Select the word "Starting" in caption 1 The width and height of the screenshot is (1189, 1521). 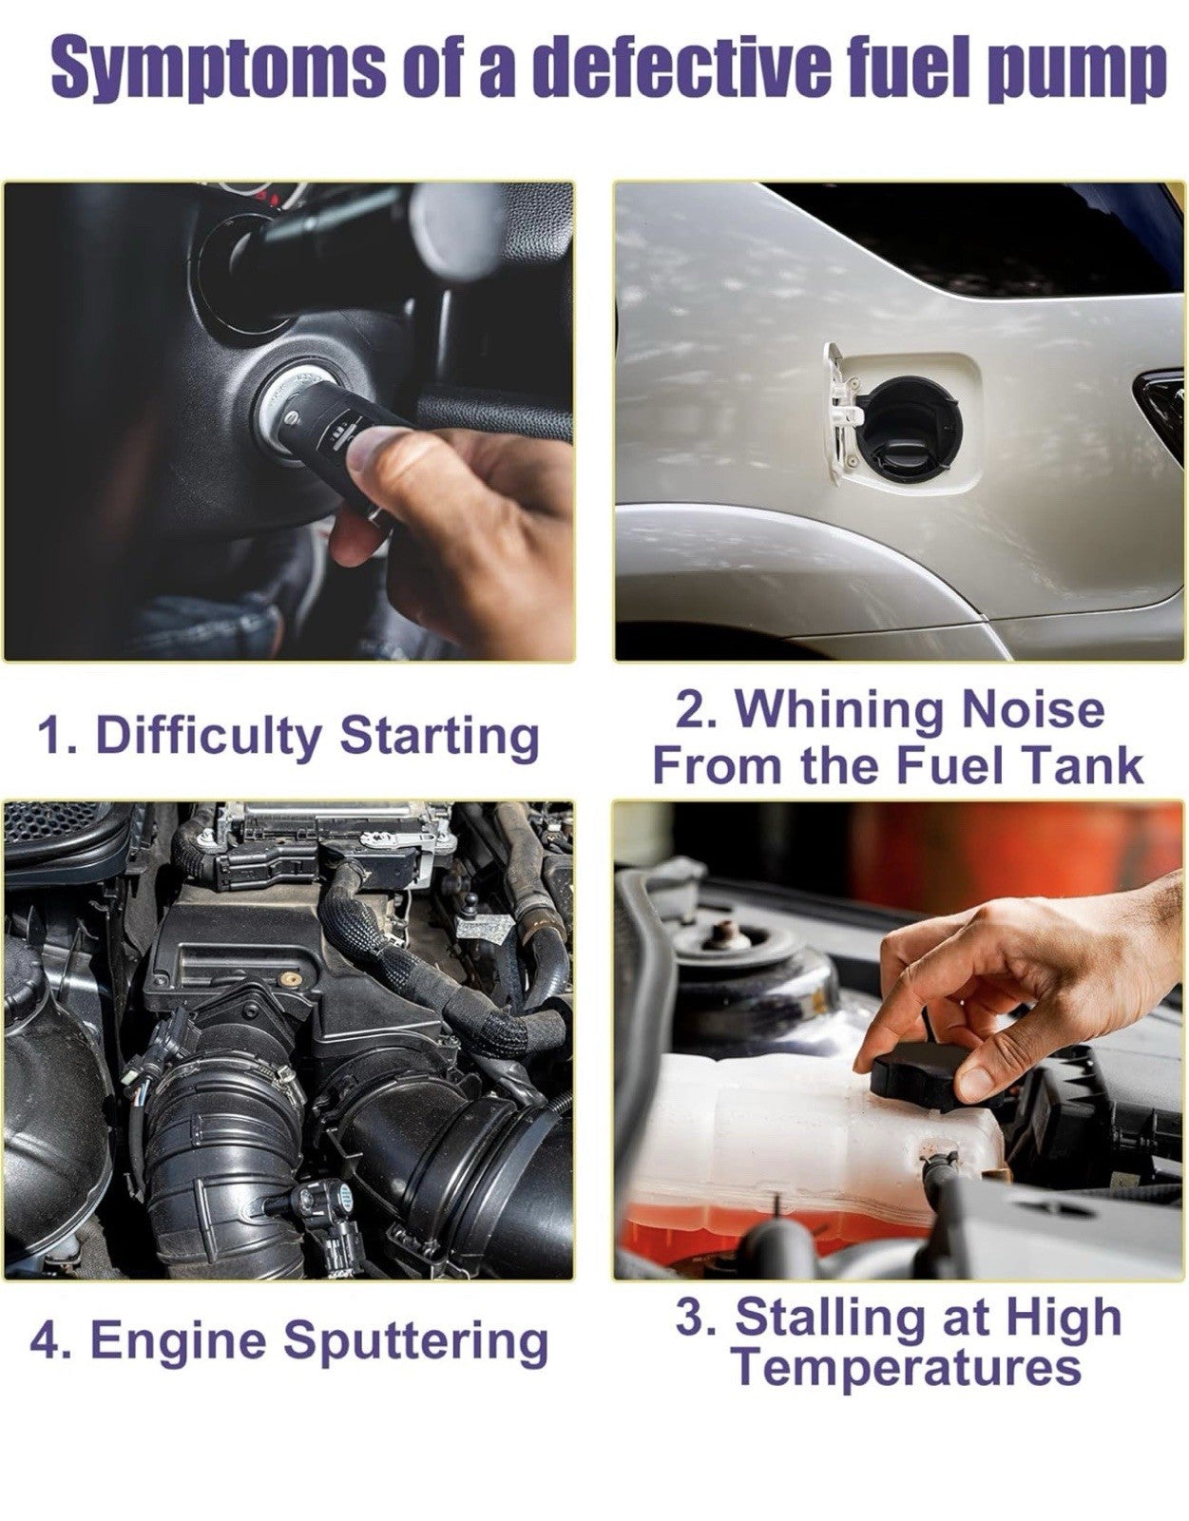[x=439, y=737]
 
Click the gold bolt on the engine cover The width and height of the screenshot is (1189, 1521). [x=285, y=977]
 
